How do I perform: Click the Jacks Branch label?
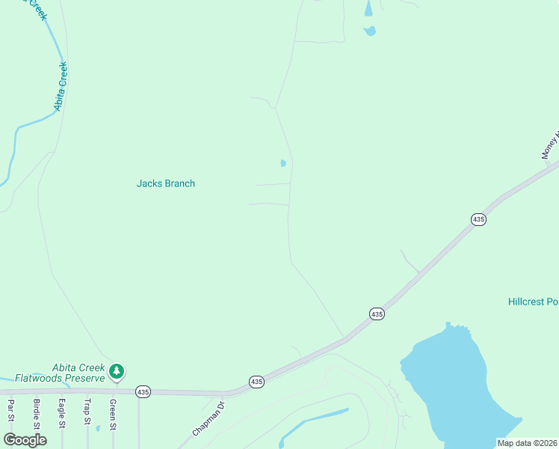click(x=165, y=183)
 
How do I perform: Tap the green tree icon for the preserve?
click(x=116, y=370)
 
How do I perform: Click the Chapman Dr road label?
click(x=209, y=419)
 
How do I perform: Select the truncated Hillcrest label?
click(x=533, y=302)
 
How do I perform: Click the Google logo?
click(x=25, y=440)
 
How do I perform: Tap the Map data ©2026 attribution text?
click(x=527, y=443)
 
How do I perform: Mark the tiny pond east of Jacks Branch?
click(x=282, y=163)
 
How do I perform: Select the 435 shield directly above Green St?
click(x=143, y=391)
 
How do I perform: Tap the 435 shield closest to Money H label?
click(x=479, y=219)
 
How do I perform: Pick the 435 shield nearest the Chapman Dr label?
click(x=256, y=382)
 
